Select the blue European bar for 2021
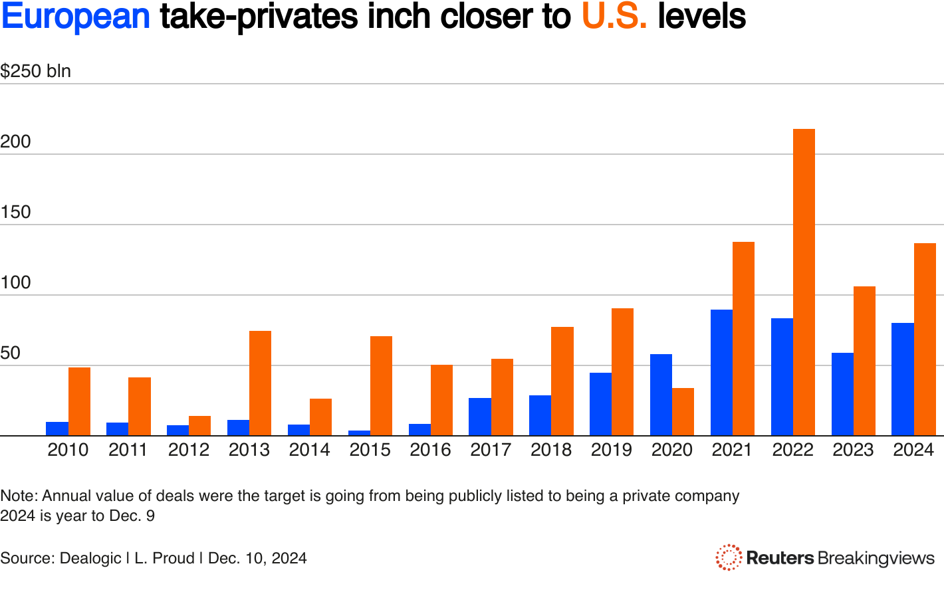tap(721, 373)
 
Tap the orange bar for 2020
tap(683, 412)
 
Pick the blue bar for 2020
tap(661, 395)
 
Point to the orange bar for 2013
tap(260, 383)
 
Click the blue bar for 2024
tap(902, 379)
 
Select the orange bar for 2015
tap(381, 386)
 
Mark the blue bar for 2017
tap(480, 417)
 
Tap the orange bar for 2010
tap(79, 401)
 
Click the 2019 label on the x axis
tap(611, 450)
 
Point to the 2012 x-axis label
tap(188, 450)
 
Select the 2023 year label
tap(853, 450)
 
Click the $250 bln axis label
tap(35, 71)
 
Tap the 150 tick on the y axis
tap(16, 212)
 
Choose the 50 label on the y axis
tap(11, 353)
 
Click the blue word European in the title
tap(76, 16)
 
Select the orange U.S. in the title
tap(614, 16)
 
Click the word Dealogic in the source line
tap(90, 558)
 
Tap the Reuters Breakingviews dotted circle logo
tap(729, 557)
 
